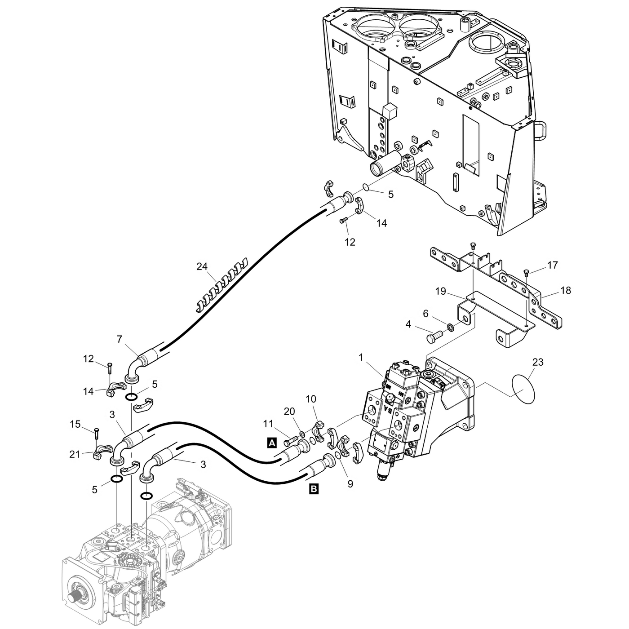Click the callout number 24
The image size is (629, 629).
(x=202, y=267)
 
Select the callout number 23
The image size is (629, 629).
(x=538, y=362)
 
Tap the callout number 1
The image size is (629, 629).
(x=361, y=358)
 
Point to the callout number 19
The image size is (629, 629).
(x=441, y=291)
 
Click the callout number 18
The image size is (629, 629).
(x=566, y=290)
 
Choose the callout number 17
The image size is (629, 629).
(x=553, y=265)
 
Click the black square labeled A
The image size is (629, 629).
(x=272, y=443)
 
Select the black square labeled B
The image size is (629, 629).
(x=314, y=489)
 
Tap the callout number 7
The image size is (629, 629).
(x=120, y=340)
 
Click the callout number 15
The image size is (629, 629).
(x=75, y=424)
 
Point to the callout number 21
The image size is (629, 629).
(x=75, y=454)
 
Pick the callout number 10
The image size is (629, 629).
(x=311, y=399)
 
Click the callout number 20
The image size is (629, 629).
(x=289, y=412)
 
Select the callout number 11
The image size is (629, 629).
(x=268, y=424)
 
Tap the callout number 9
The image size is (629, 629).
(x=350, y=484)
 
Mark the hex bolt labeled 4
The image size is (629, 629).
(x=434, y=336)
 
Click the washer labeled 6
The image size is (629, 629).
(x=450, y=327)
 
